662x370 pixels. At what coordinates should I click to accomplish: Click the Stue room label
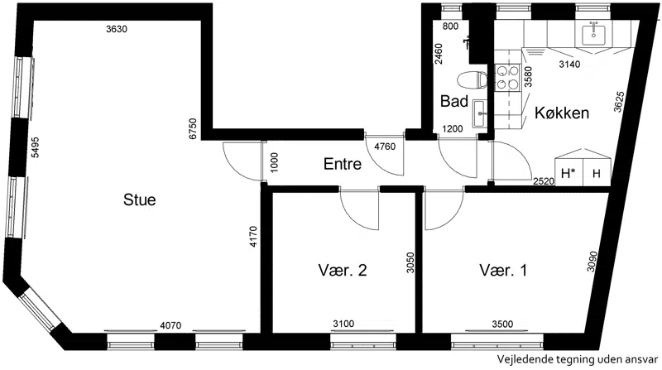pyautogui.click(x=139, y=199)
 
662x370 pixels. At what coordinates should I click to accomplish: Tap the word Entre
pyautogui.click(x=343, y=164)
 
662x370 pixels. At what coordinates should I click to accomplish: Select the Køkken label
pyautogui.click(x=562, y=113)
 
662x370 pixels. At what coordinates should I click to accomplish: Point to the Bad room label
pyautogui.click(x=453, y=101)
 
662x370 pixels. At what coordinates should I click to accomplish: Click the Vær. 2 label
pyautogui.click(x=343, y=270)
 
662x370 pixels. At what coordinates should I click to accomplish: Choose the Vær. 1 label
pyautogui.click(x=503, y=270)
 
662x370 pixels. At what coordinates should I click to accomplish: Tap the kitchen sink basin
pyautogui.click(x=593, y=35)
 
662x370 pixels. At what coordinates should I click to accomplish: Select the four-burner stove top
pyautogui.click(x=507, y=77)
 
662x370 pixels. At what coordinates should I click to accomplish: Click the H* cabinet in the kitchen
pyautogui.click(x=568, y=173)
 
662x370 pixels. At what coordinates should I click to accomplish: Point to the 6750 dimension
pyautogui.click(x=193, y=129)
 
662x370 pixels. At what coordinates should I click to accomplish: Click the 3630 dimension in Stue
pyautogui.click(x=117, y=29)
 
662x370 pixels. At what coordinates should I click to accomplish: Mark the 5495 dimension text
pyautogui.click(x=36, y=147)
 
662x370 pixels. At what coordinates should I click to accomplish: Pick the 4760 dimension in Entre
pyautogui.click(x=385, y=147)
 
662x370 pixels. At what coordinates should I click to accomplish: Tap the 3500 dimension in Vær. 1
pyautogui.click(x=502, y=324)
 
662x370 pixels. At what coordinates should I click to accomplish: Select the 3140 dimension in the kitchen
pyautogui.click(x=569, y=65)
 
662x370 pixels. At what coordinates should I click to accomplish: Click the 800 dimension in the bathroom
pyautogui.click(x=450, y=26)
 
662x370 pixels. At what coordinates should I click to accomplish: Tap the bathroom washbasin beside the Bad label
pyautogui.click(x=480, y=113)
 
